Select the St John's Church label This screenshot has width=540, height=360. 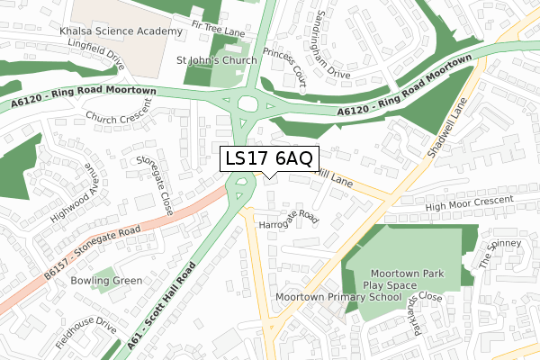point(216,60)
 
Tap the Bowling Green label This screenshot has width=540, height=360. point(105,281)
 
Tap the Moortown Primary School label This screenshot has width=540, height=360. point(337,297)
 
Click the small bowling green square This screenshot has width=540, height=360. point(104,275)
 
